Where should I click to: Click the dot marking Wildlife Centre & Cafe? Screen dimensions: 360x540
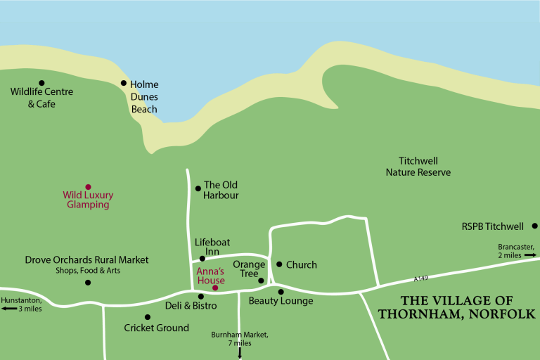tap(41, 83)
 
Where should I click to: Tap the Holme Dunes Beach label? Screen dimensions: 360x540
tap(144, 97)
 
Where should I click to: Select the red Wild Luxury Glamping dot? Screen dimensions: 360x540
tap(88, 187)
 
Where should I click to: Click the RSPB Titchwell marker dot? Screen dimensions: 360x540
tap(534, 226)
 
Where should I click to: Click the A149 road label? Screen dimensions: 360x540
tap(420, 278)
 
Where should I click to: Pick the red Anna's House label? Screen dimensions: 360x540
tap(210, 276)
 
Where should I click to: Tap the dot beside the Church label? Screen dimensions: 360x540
tap(279, 264)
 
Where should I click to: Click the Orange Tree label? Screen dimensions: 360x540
tap(249, 269)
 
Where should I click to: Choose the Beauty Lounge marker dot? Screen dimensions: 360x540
tap(281, 291)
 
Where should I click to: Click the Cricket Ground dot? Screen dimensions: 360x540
tap(147, 317)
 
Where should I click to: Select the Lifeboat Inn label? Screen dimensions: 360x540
tap(212, 247)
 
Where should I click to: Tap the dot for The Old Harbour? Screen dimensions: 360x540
tap(198, 187)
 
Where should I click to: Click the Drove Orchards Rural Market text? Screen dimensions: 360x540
tap(86, 260)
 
